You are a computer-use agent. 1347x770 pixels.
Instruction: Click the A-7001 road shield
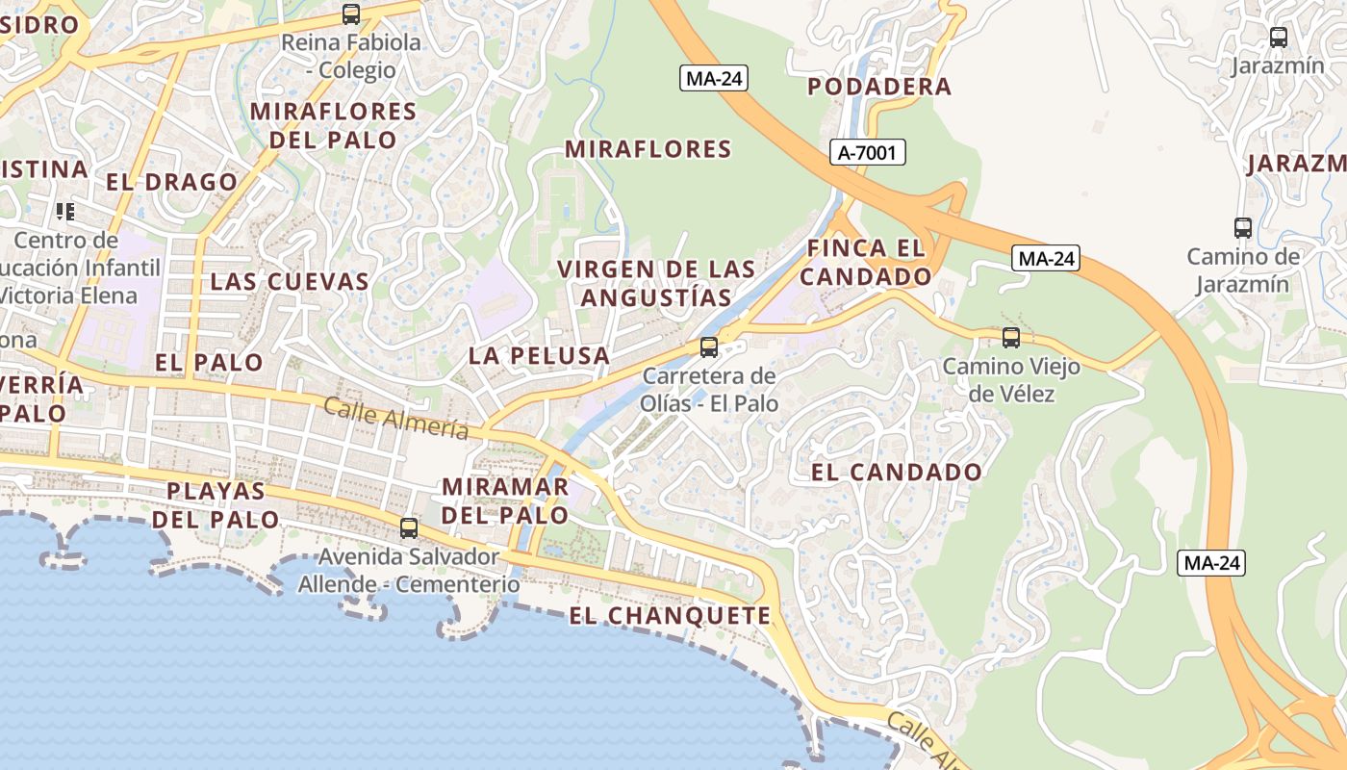[x=868, y=152]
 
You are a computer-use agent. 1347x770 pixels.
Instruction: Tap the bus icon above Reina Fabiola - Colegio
[x=351, y=14]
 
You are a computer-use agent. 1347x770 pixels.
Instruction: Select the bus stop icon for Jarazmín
[x=1279, y=38]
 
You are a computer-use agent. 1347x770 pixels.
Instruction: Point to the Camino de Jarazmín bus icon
[x=1243, y=228]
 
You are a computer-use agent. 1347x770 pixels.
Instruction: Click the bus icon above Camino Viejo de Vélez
[x=1011, y=338]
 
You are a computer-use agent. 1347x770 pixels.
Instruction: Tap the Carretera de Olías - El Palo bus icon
[x=709, y=347]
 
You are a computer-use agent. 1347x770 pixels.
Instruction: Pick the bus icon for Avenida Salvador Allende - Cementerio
[x=409, y=527]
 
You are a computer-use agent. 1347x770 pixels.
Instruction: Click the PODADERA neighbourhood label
[x=879, y=87]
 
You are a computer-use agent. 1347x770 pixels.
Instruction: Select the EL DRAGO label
[x=171, y=182]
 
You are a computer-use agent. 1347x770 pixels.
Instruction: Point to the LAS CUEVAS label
[x=290, y=282]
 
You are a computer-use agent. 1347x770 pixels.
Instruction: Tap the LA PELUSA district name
[x=539, y=356]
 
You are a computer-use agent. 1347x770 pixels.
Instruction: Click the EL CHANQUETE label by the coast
[x=670, y=616]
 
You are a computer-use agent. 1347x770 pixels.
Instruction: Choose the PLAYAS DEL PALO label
[x=216, y=505]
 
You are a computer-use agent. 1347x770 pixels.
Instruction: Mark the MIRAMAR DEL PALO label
[x=505, y=500]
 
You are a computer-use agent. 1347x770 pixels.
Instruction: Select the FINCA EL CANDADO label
[x=866, y=263]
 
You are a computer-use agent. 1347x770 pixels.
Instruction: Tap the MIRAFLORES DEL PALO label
[x=333, y=125]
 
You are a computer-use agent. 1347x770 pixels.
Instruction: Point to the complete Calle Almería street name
[x=394, y=419]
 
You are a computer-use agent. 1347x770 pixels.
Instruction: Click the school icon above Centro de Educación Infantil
[x=64, y=211]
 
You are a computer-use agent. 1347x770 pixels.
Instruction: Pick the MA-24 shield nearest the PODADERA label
[x=714, y=79]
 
